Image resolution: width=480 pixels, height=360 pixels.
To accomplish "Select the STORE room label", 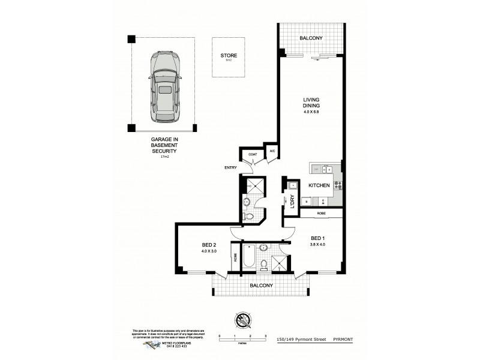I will tap(228, 56).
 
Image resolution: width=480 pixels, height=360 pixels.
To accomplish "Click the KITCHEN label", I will tap(319, 185).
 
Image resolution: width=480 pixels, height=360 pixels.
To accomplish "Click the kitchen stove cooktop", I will tap(338, 185).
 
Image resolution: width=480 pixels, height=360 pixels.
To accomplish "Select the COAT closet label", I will tap(252, 154).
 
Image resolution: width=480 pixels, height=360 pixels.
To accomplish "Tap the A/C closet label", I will tap(272, 151).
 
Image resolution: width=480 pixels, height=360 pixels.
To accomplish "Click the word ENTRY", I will tap(230, 167).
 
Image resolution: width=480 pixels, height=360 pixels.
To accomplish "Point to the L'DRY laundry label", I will tap(292, 203).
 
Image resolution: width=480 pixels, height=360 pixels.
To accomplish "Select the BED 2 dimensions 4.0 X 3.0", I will tap(209, 251).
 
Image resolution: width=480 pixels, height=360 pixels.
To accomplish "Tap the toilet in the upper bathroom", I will tap(248, 217).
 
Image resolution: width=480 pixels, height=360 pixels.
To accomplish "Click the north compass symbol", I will tap(242, 320).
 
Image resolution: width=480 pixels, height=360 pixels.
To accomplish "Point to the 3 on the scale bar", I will tap(265, 336).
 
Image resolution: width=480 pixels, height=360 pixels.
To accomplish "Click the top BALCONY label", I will tap(311, 38).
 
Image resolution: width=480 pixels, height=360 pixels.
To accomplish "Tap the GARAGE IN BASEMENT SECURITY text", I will tap(164, 145).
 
